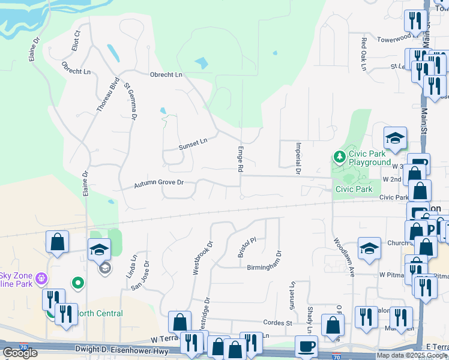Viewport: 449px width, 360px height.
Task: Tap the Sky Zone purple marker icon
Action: [41, 278]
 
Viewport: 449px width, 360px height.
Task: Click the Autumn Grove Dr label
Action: [158, 182]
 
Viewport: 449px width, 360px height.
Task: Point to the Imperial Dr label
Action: [297, 158]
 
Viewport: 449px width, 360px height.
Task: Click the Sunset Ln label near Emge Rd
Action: [193, 143]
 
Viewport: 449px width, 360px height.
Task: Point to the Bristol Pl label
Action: [247, 247]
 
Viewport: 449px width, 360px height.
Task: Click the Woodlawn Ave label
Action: [343, 259]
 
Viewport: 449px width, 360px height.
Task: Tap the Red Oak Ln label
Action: [363, 55]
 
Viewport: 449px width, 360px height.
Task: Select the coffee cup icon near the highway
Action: [307, 346]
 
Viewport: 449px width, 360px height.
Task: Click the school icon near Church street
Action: [369, 248]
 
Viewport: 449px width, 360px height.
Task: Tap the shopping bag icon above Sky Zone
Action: [57, 242]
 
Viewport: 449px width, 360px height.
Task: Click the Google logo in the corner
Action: [20, 352]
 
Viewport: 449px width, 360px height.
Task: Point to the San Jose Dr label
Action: [140, 275]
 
